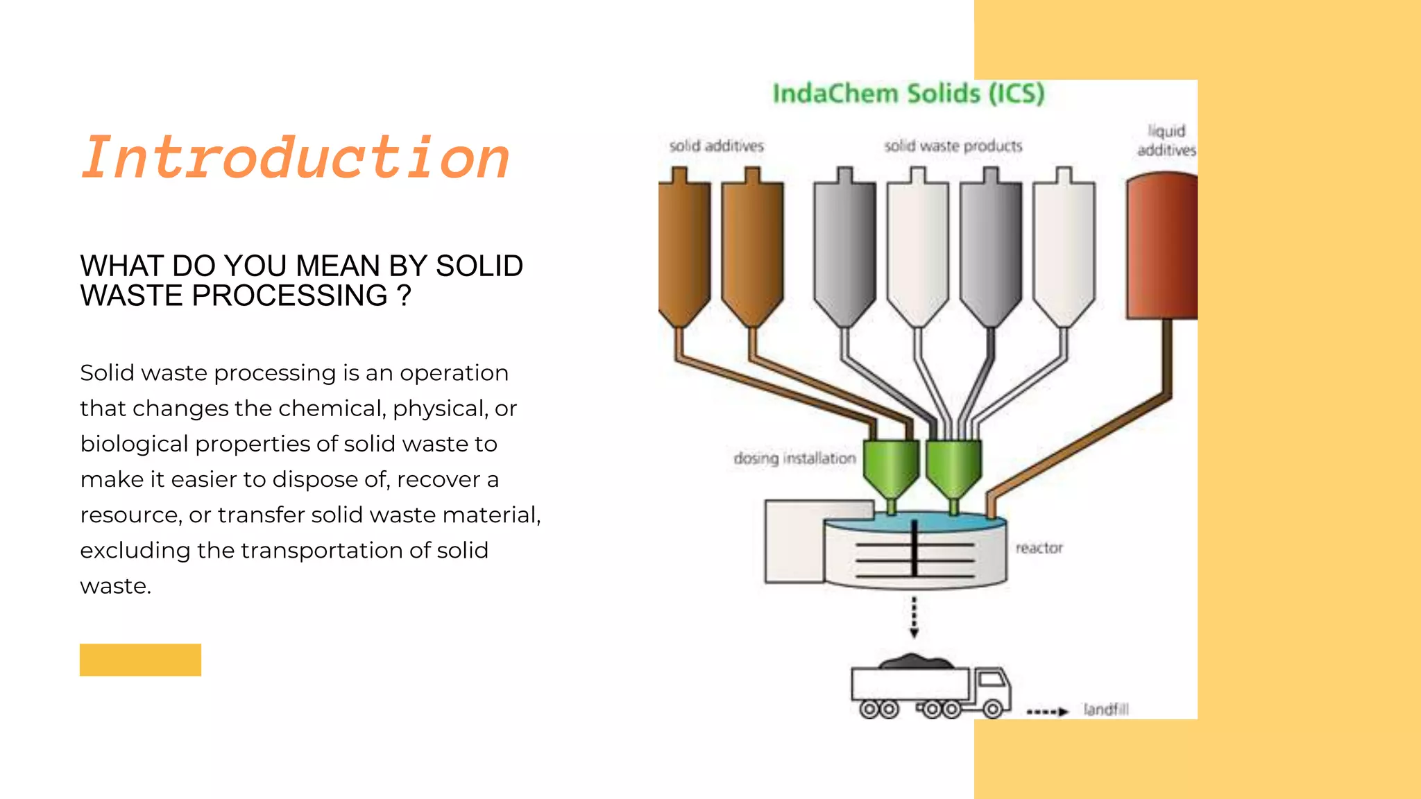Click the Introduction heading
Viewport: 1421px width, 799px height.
click(296, 158)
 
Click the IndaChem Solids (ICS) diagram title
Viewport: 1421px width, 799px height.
click(908, 94)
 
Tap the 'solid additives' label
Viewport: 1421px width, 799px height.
click(716, 146)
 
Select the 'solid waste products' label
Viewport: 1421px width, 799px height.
click(953, 146)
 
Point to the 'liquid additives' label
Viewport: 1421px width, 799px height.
click(1166, 140)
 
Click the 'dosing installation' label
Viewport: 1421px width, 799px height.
click(794, 458)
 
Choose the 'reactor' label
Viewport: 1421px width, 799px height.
click(1039, 548)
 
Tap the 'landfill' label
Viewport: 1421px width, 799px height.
click(1106, 710)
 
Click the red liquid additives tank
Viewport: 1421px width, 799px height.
click(1162, 246)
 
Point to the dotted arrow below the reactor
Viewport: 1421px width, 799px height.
click(914, 616)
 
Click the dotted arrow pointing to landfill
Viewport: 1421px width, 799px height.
click(1047, 712)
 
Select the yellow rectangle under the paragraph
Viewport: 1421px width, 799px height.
click(140, 660)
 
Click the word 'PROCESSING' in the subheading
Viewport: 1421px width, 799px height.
click(289, 296)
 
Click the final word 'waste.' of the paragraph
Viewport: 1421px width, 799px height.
click(115, 586)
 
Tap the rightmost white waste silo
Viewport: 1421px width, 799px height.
click(1064, 246)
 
